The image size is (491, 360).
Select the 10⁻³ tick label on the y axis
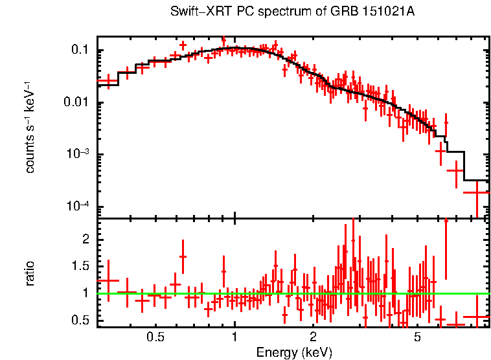80,154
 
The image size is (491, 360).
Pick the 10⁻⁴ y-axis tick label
80,206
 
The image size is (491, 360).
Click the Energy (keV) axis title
294,353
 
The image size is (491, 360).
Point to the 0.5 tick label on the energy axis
155,337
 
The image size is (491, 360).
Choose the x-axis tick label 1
234,337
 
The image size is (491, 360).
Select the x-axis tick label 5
418,337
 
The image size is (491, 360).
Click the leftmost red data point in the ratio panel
108,280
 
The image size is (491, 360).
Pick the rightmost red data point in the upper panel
477,192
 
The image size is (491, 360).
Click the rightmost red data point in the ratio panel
477,317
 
